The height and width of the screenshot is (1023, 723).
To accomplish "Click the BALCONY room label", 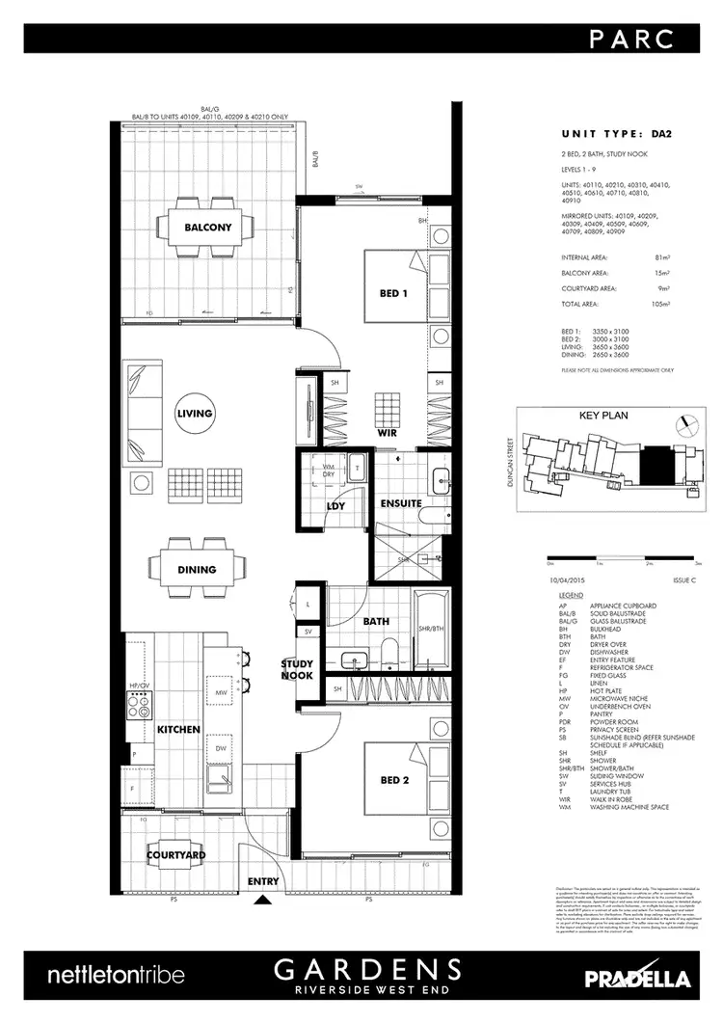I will point(207,229).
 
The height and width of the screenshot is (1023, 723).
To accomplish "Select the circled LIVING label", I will point(194,414).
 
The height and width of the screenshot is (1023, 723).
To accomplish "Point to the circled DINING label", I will point(197,570).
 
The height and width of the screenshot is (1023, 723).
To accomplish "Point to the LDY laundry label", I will point(336,505).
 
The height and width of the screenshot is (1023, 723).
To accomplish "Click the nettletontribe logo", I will point(116,976).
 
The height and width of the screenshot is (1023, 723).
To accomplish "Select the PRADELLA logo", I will point(637,978).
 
